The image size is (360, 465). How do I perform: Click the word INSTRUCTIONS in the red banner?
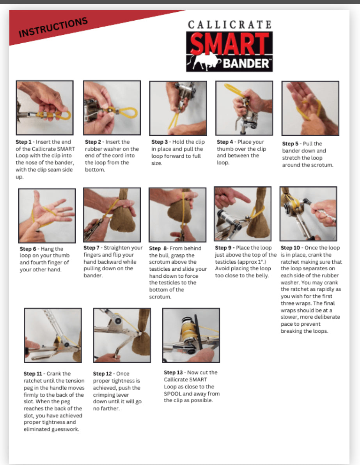(x=53, y=27)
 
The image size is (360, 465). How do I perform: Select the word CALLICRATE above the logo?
(x=229, y=24)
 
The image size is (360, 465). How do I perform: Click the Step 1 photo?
(x=44, y=108)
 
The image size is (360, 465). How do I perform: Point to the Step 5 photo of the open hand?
(x=310, y=108)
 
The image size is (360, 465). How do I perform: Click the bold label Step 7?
(x=91, y=248)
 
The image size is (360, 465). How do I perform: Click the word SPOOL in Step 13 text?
(x=172, y=394)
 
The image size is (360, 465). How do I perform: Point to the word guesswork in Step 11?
(x=65, y=430)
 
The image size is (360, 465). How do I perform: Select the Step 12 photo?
(x=122, y=335)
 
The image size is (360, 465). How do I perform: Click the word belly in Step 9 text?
(x=263, y=275)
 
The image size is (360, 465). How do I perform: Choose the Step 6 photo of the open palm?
(x=47, y=216)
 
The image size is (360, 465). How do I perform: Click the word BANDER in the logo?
(x=246, y=63)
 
